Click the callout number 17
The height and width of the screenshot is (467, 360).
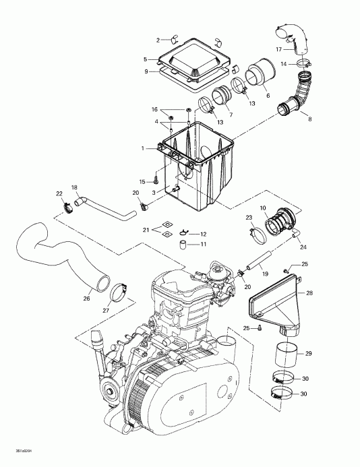tap(278, 49)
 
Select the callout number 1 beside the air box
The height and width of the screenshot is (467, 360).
tap(142, 148)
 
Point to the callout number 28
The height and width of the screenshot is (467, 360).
tap(309, 293)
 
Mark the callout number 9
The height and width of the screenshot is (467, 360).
tap(145, 71)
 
